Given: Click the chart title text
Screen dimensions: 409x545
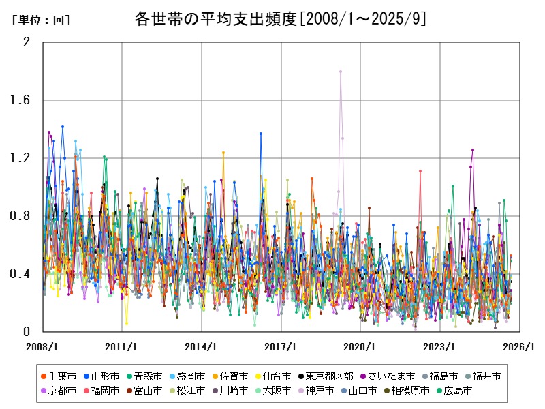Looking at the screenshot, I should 280,19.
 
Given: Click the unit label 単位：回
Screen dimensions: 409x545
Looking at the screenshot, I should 41,20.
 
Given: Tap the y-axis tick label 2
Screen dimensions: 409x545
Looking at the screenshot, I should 27,42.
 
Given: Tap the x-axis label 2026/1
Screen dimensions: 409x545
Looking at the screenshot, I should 520,346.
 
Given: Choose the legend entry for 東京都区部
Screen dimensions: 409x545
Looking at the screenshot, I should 328,376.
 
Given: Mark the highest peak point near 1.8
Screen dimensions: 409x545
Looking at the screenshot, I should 341,72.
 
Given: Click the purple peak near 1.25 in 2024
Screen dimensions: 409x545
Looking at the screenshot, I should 472,150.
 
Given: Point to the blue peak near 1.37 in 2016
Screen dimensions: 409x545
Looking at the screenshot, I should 261,134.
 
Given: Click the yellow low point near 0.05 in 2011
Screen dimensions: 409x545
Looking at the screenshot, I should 126,324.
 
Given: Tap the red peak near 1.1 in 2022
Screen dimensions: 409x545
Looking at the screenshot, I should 420,171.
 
